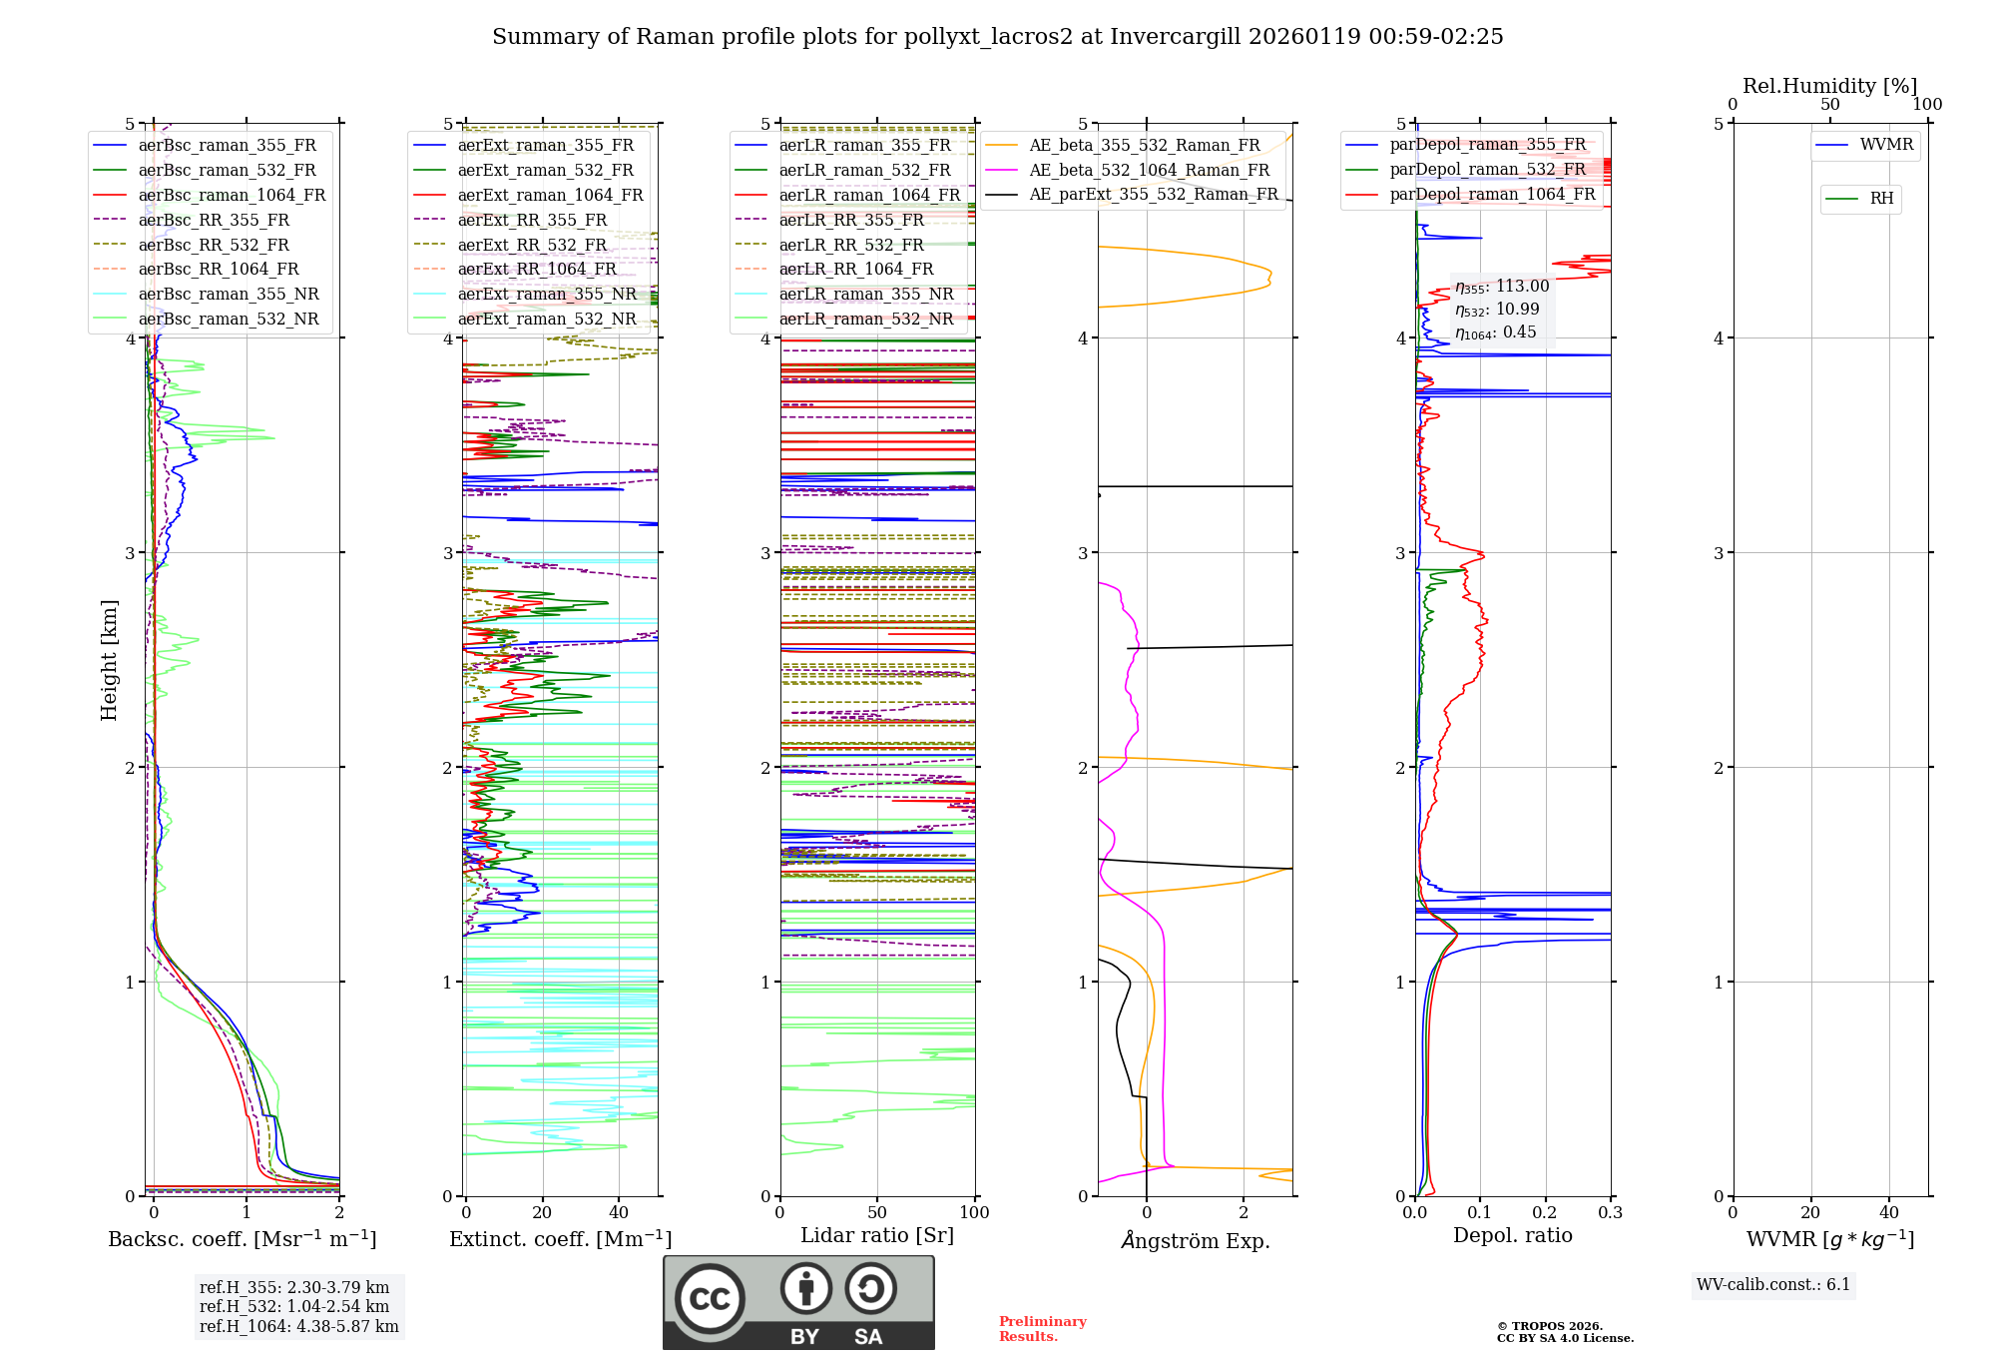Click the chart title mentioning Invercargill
[x=997, y=37]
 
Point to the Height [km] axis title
[x=109, y=659]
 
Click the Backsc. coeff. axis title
[x=243, y=1239]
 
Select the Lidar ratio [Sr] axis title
[x=877, y=1235]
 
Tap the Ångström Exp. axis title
[x=1196, y=1240]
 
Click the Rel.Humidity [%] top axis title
[x=1829, y=86]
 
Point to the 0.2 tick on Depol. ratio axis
[x=1545, y=1213]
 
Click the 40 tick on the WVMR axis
[x=1889, y=1213]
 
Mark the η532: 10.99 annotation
[x=1497, y=310]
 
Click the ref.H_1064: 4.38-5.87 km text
[x=298, y=1326]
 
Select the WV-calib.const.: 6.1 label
[x=1773, y=1285]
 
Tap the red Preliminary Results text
[x=1043, y=1329]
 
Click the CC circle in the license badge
[x=710, y=1298]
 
